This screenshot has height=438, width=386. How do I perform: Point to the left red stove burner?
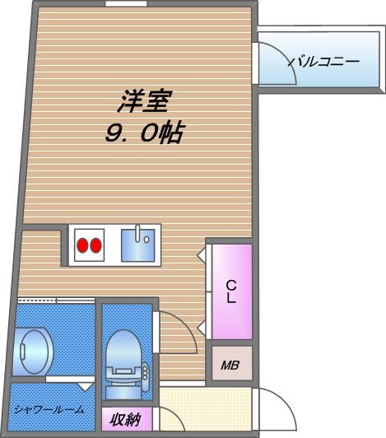[x=82, y=245]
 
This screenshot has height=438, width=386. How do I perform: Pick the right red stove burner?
[x=96, y=245]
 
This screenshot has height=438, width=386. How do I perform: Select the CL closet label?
[x=231, y=291]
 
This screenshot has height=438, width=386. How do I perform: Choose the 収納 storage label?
[x=125, y=420]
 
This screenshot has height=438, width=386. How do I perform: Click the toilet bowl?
[x=124, y=350]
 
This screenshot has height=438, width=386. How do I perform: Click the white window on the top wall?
[x=122, y=5]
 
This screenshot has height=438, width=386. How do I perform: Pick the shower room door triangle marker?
[x=85, y=385]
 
